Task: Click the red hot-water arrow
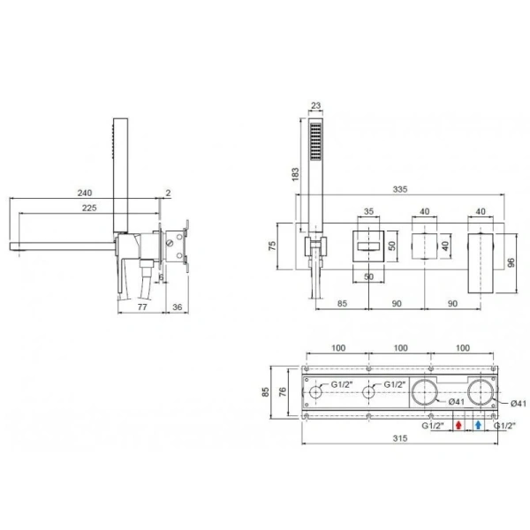click(458, 425)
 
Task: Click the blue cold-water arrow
click(478, 425)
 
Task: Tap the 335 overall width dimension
click(400, 189)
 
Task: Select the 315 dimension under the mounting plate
click(400, 438)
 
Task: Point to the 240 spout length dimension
click(85, 193)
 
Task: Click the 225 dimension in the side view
click(89, 208)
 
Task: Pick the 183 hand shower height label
click(295, 174)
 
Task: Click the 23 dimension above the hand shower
click(315, 106)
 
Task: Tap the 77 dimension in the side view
click(142, 307)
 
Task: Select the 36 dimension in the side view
click(178, 307)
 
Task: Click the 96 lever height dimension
click(511, 262)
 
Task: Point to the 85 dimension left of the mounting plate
click(266, 392)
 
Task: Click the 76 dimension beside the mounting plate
click(283, 391)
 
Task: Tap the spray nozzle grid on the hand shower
click(315, 141)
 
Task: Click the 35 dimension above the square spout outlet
click(368, 212)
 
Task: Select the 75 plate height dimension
click(272, 246)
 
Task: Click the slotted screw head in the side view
click(170, 243)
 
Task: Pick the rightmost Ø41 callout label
click(519, 404)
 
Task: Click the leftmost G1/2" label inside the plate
click(342, 384)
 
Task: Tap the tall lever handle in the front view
click(481, 262)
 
